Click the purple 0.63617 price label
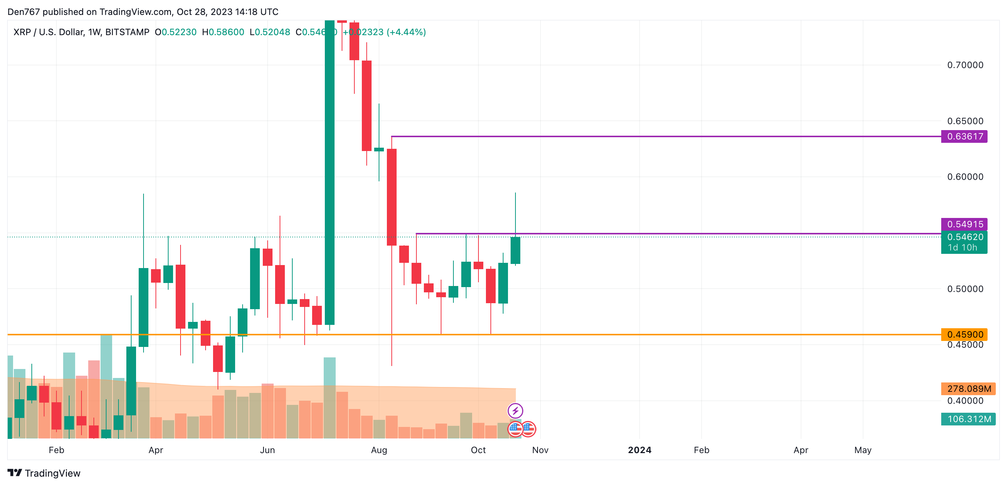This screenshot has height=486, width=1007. (x=964, y=136)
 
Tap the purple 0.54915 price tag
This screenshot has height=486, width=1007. (x=964, y=224)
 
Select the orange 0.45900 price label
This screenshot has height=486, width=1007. (x=964, y=334)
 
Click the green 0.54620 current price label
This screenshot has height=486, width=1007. (x=964, y=237)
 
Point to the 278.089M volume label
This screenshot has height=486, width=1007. (x=968, y=389)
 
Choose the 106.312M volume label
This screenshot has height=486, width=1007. (x=968, y=419)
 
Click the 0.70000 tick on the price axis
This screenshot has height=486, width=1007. (x=965, y=65)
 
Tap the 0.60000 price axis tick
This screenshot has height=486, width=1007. (x=965, y=177)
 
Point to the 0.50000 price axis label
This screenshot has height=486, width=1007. (x=965, y=289)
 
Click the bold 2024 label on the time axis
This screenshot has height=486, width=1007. (x=640, y=450)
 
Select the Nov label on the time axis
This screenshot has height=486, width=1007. (x=540, y=450)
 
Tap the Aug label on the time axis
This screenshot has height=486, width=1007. (x=379, y=450)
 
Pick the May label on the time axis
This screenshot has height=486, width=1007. (x=863, y=450)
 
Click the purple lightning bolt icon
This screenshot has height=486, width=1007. (x=515, y=410)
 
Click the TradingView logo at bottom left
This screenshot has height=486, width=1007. (x=44, y=473)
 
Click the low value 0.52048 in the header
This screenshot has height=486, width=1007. (x=272, y=32)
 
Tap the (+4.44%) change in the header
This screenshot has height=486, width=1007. (x=406, y=32)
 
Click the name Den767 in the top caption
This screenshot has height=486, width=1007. (x=24, y=12)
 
